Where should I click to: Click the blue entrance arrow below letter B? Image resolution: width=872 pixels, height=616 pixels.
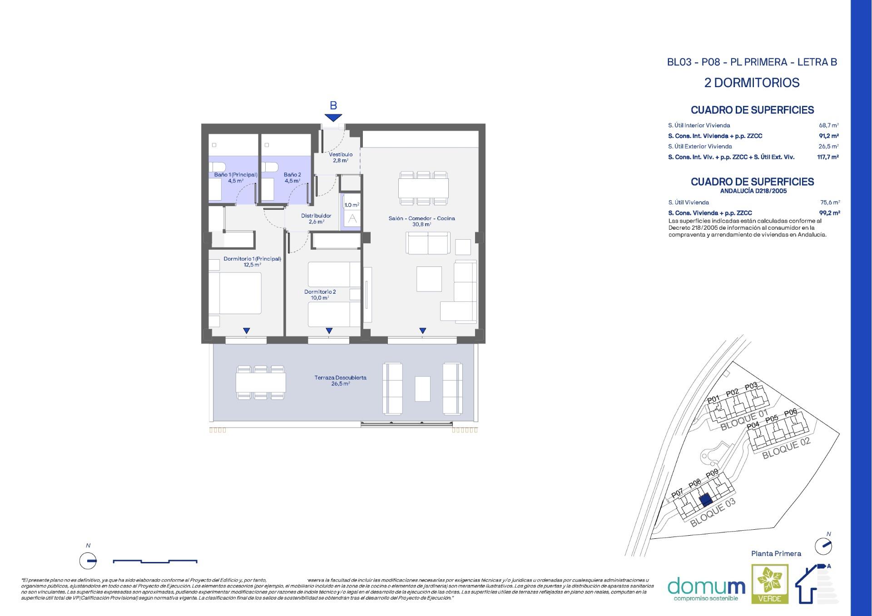(x=333, y=118)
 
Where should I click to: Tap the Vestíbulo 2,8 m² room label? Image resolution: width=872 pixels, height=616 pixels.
(x=341, y=157)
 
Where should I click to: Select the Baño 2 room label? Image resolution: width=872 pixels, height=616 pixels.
(x=292, y=177)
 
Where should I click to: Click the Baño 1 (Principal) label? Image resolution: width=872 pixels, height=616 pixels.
(x=236, y=177)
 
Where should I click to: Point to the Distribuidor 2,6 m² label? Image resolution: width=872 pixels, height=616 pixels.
(x=316, y=219)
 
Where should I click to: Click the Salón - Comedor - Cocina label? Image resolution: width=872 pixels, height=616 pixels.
(x=421, y=221)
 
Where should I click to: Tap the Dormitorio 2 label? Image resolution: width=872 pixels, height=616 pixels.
(x=320, y=295)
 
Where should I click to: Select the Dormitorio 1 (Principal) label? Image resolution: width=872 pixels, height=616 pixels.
(x=252, y=261)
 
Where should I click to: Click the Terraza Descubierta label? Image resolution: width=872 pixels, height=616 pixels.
(x=340, y=380)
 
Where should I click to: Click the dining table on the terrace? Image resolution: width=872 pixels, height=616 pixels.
(x=261, y=383)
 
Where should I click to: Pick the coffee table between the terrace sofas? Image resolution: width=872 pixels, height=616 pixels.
(x=422, y=389)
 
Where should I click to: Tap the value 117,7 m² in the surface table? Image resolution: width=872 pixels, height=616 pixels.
(x=827, y=157)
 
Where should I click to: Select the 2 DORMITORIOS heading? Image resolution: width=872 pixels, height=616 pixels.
(x=752, y=83)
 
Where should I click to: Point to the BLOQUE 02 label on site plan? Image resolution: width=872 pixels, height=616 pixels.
(x=786, y=448)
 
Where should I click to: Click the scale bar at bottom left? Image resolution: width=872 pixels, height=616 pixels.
(x=155, y=562)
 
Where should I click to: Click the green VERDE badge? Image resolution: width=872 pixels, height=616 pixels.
(x=770, y=584)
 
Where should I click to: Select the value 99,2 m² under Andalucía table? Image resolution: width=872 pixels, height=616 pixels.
(x=829, y=213)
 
